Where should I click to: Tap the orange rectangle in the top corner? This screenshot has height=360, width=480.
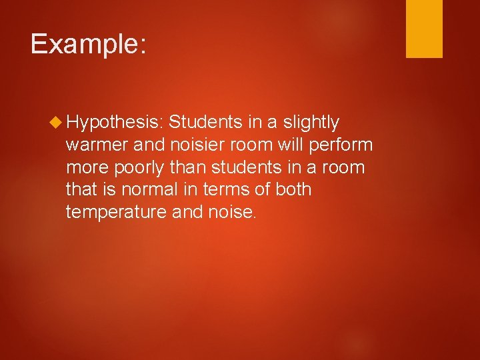[424, 29]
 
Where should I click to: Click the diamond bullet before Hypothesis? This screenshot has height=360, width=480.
[57, 123]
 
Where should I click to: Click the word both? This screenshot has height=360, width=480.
[293, 190]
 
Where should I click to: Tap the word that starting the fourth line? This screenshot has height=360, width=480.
[80, 190]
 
